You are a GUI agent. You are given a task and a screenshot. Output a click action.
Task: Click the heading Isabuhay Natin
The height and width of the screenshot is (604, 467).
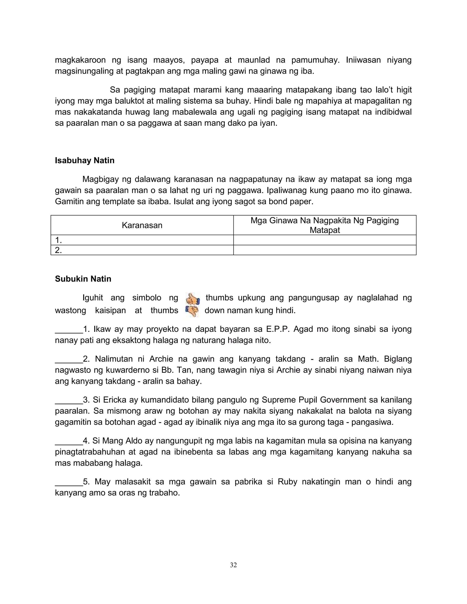click(x=84, y=160)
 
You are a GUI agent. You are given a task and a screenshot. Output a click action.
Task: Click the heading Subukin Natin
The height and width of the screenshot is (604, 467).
click(x=83, y=279)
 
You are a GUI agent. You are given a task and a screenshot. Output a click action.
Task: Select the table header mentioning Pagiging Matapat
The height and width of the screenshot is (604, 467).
click(x=324, y=225)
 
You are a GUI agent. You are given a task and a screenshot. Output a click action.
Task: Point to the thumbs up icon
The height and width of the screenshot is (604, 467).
click(x=192, y=299)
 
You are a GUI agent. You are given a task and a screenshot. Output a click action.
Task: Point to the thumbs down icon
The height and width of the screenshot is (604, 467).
click(x=192, y=311)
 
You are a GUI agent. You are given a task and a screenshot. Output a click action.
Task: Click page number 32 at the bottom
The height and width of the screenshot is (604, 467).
click(x=233, y=565)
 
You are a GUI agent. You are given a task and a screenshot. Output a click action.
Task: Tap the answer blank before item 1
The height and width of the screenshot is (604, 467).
click(x=69, y=330)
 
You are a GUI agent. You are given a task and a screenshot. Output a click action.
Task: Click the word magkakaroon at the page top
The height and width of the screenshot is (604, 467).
click(x=80, y=60)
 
